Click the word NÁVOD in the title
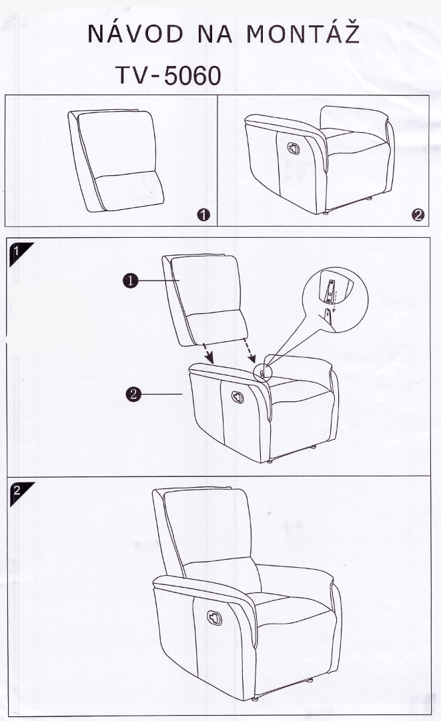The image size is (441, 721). (135, 34)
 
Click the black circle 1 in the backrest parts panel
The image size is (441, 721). (203, 215)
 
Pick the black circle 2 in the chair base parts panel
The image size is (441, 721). (418, 215)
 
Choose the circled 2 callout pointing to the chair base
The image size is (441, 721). (133, 394)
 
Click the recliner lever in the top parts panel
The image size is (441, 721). (294, 149)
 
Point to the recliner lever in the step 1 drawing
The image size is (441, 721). (238, 397)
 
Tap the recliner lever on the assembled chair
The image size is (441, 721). (214, 618)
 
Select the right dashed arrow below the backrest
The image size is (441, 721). (249, 351)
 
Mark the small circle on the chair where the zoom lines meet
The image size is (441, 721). (264, 370)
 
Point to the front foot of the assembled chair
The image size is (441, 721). (254, 698)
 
